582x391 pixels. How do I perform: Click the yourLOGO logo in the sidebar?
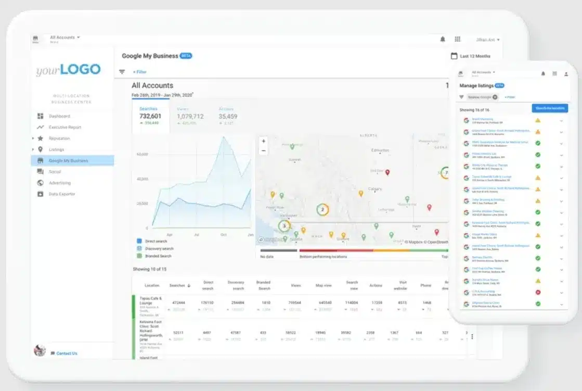tap(68, 70)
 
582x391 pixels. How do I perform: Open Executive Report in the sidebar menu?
tap(65, 127)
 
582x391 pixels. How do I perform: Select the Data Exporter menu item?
tap(62, 194)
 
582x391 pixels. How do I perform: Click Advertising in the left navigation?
tap(60, 183)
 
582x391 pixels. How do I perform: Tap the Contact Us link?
tap(67, 354)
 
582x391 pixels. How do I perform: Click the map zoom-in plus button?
tap(264, 141)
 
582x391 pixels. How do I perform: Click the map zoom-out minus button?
tap(264, 150)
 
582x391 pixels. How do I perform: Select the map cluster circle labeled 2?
tap(322, 210)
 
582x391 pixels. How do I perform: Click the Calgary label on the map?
tap(374, 189)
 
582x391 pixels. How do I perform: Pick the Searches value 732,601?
tap(150, 116)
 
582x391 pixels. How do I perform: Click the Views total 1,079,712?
tap(190, 117)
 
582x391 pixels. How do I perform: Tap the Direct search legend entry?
tap(156, 242)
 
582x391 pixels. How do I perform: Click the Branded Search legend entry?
tap(158, 256)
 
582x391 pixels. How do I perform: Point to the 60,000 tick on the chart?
tap(142, 155)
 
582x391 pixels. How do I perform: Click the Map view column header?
tap(324, 285)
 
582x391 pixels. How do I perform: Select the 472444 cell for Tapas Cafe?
tap(178, 302)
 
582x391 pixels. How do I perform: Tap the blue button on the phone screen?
tap(549, 108)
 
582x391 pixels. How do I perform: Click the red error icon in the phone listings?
tap(538, 292)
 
